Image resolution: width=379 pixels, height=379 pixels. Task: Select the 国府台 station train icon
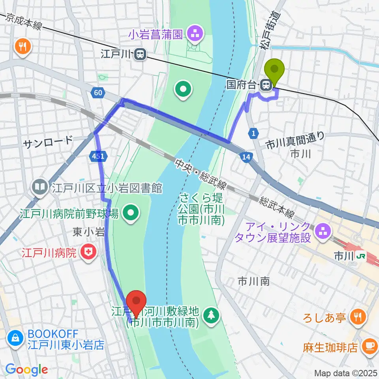pyautogui.click(x=267, y=84)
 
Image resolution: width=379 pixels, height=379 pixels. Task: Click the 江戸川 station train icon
pyautogui.click(x=139, y=55)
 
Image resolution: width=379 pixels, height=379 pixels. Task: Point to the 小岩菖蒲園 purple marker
pyautogui.click(x=194, y=34)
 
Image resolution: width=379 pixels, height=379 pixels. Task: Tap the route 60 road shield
pyautogui.click(x=98, y=93)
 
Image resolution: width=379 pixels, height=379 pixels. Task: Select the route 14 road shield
pyautogui.click(x=245, y=157)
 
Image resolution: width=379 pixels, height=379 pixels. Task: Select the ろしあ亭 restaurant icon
pyautogui.click(x=358, y=317)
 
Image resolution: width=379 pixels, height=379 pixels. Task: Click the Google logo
pyautogui.click(x=27, y=369)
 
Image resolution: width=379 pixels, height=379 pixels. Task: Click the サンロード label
pyautogui.click(x=48, y=140)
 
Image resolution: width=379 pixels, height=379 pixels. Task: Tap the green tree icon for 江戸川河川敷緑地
pyautogui.click(x=212, y=315)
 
